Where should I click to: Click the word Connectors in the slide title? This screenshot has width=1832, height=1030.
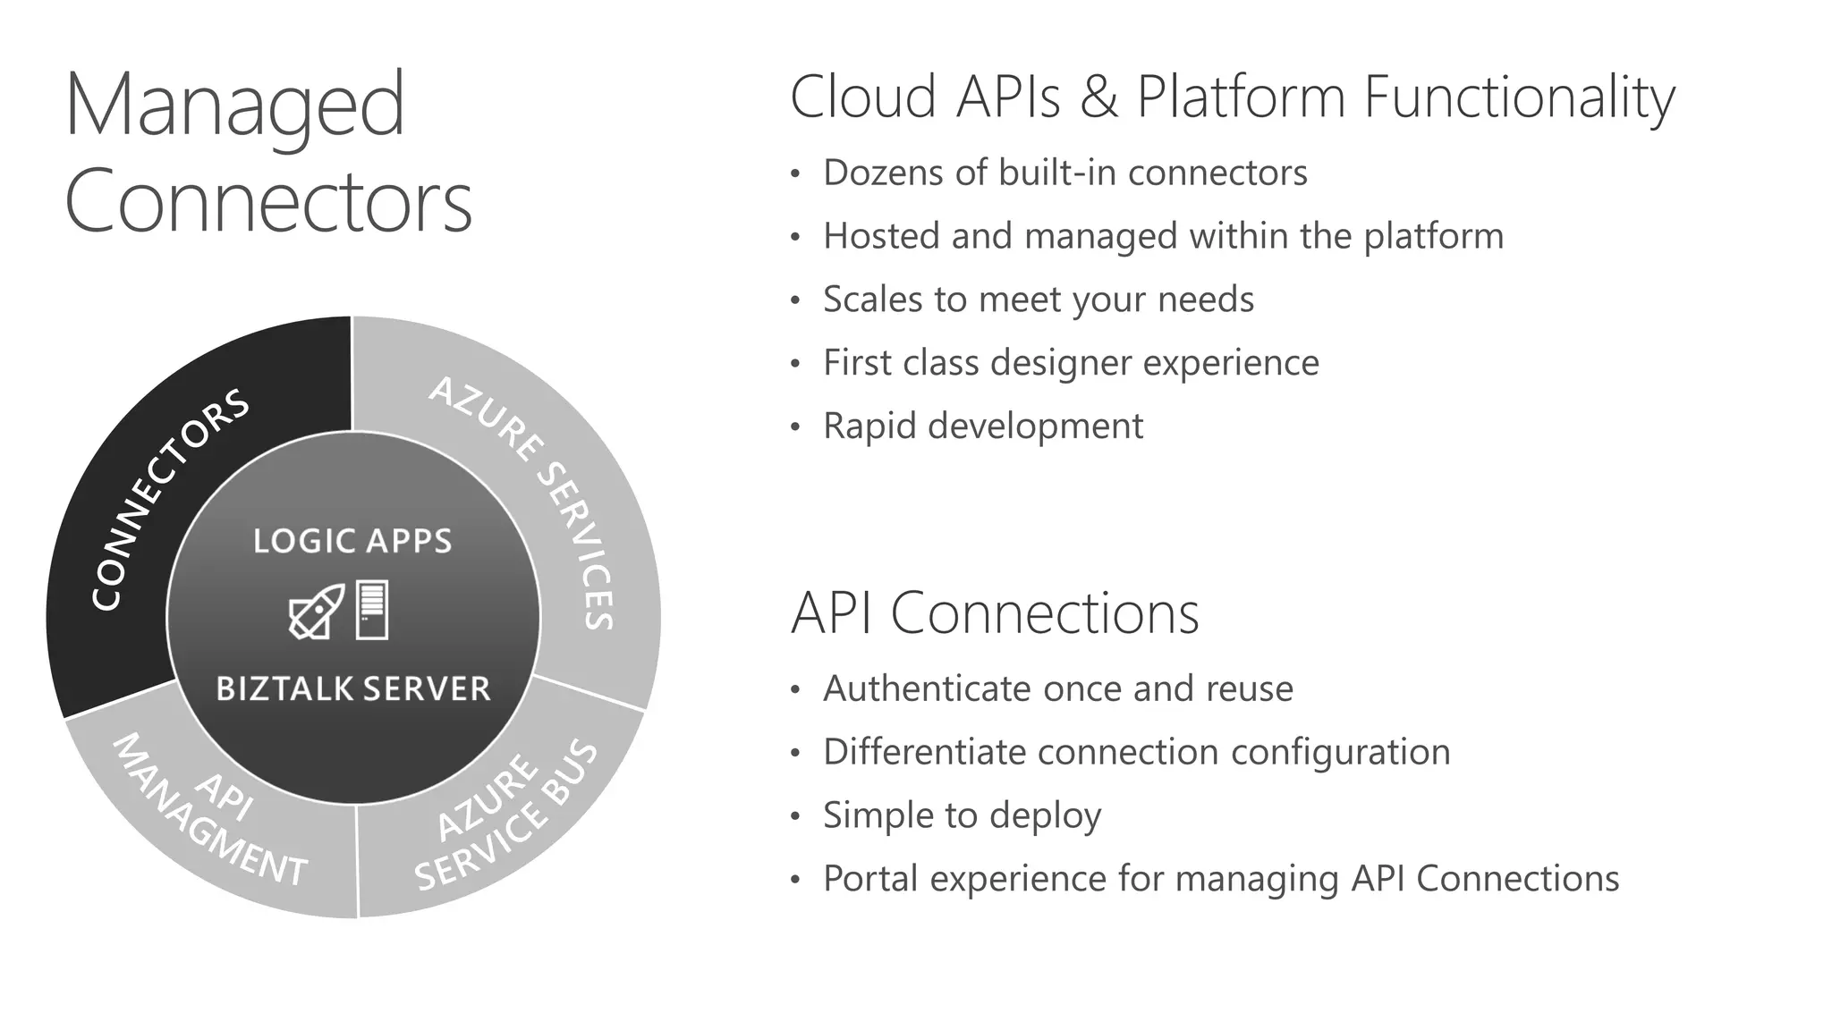click(267, 202)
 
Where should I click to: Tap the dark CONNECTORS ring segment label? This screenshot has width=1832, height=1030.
click(170, 500)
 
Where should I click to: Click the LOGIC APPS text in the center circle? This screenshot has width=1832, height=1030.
click(352, 541)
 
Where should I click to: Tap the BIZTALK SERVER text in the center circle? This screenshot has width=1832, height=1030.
click(353, 688)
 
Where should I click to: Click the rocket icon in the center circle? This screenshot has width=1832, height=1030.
click(317, 612)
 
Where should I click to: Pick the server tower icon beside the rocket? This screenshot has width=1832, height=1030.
click(372, 610)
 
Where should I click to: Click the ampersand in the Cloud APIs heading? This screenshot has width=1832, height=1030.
click(1098, 97)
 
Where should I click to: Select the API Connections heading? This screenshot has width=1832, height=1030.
click(994, 613)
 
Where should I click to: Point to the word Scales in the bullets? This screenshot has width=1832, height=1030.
click(872, 300)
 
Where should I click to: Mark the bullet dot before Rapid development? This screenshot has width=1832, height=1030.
click(795, 428)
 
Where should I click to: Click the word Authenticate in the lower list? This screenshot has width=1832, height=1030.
click(926, 689)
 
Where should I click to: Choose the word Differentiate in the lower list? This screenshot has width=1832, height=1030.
click(924, 752)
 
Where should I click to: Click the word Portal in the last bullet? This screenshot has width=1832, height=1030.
click(869, 879)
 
